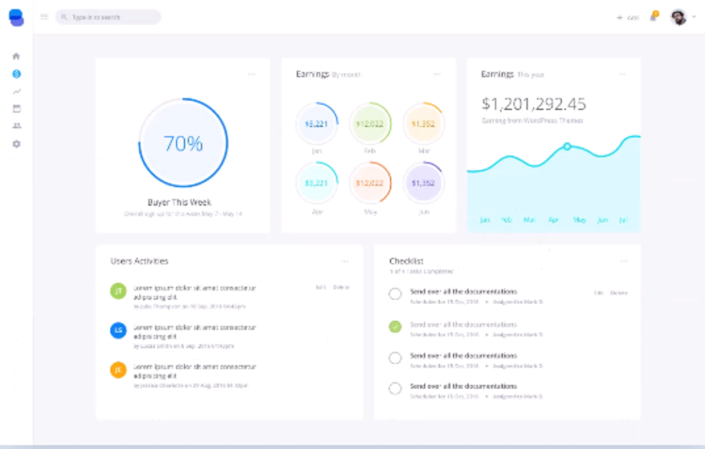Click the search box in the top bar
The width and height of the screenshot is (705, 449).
pos(108,17)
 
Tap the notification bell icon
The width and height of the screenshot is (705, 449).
pos(653,17)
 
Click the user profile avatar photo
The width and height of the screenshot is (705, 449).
pos(679,17)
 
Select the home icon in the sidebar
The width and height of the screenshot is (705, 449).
pos(16,56)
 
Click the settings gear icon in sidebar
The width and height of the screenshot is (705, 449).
pos(16,144)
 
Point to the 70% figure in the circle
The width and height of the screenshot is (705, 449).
pos(183,144)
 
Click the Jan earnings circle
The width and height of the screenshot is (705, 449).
pos(316,124)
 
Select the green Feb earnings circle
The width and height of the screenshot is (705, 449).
pos(370,124)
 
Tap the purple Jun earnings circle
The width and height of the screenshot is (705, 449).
pos(423,184)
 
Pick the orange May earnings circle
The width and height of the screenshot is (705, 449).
pos(370,184)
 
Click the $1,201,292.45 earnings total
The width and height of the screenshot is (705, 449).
pos(534,104)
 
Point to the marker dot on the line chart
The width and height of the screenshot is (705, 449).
pos(567,147)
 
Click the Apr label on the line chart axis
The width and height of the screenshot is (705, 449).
pos(553,220)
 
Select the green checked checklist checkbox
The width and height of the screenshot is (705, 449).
pos(395,326)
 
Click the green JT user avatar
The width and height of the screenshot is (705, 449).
pos(118,291)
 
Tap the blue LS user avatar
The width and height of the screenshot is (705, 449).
pos(118,330)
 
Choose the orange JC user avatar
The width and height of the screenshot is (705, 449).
pos(118,370)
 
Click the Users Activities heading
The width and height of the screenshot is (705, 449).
pos(139,261)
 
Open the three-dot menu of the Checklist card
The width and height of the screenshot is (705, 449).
pos(624,261)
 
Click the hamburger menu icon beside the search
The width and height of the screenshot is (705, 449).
pos(44,17)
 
